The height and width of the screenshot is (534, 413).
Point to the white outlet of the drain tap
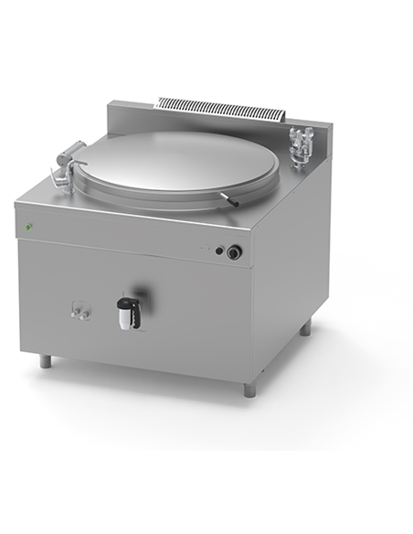(128, 316)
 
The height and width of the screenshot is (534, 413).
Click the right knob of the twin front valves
(86, 315)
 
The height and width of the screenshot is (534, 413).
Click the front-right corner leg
(249, 388)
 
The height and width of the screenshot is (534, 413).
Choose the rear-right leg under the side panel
(305, 326)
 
